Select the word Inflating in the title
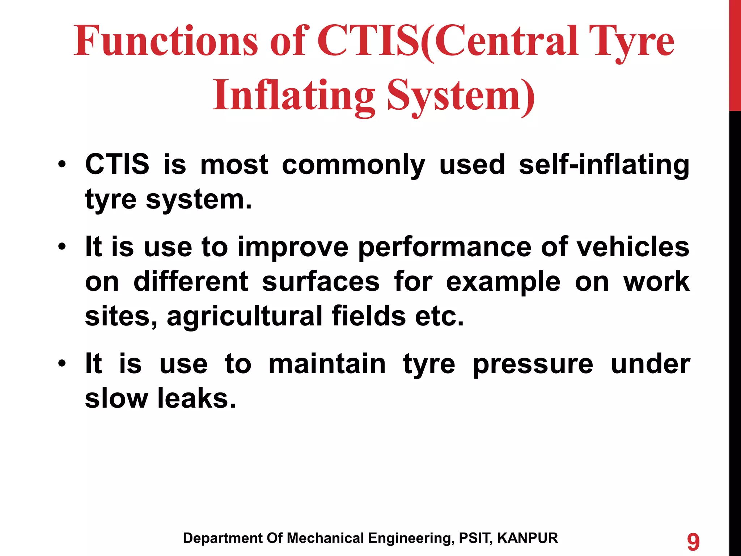click(293, 96)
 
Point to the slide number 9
click(693, 542)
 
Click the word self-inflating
click(604, 165)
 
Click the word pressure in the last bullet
click(533, 365)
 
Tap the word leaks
click(196, 398)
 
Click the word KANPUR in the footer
click(528, 538)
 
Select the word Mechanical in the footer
click(325, 538)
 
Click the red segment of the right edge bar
click(735, 54)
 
